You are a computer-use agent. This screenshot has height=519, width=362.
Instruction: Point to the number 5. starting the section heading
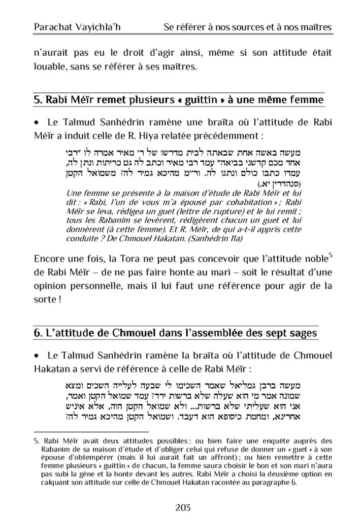(38, 99)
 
